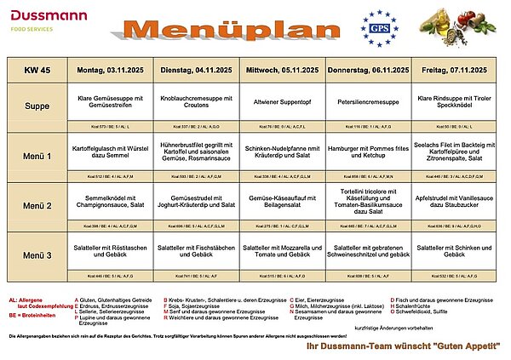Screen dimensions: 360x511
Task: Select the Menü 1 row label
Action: pos(37,157)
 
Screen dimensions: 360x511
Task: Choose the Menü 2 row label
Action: pos(37,206)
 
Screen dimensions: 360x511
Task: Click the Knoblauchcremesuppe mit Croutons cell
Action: pos(197,104)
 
